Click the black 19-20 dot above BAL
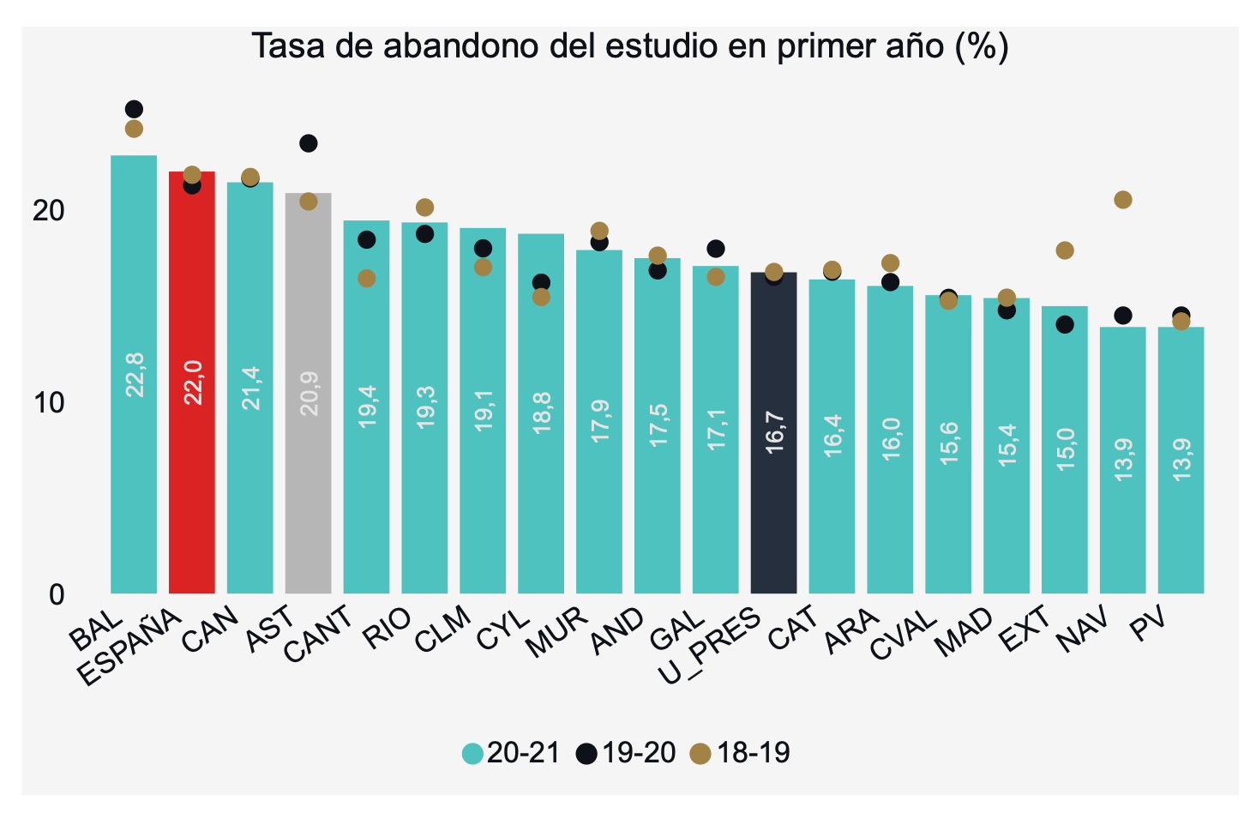click(134, 109)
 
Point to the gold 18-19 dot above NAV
click(1122, 200)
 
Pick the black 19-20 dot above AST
click(308, 143)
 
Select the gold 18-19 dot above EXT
click(1065, 250)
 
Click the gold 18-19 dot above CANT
click(366, 279)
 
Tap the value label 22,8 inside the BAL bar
click(135, 374)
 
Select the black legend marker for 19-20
click(586, 754)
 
